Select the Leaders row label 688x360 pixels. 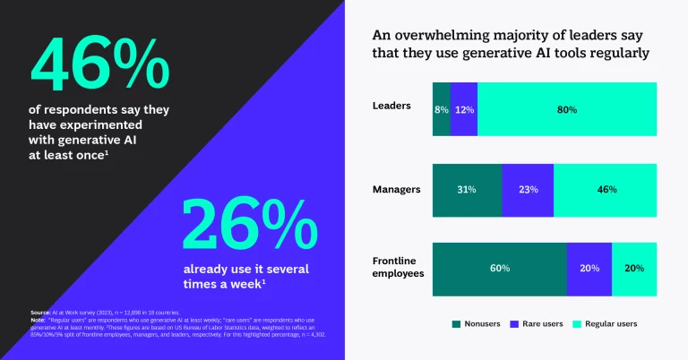[x=391, y=106]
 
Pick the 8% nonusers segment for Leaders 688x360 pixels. [x=441, y=109]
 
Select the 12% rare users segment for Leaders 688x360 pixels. [x=463, y=109]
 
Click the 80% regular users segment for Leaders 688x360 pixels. [x=566, y=109]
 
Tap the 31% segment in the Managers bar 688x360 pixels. [x=466, y=190]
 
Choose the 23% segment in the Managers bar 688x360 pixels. [x=528, y=190]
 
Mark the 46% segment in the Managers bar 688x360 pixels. [x=605, y=190]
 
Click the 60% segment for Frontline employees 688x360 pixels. [x=499, y=269]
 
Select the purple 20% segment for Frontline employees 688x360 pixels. [x=589, y=269]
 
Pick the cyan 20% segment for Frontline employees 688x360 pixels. [x=634, y=269]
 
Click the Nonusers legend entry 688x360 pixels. [x=477, y=323]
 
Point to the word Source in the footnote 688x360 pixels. [x=39, y=312]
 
